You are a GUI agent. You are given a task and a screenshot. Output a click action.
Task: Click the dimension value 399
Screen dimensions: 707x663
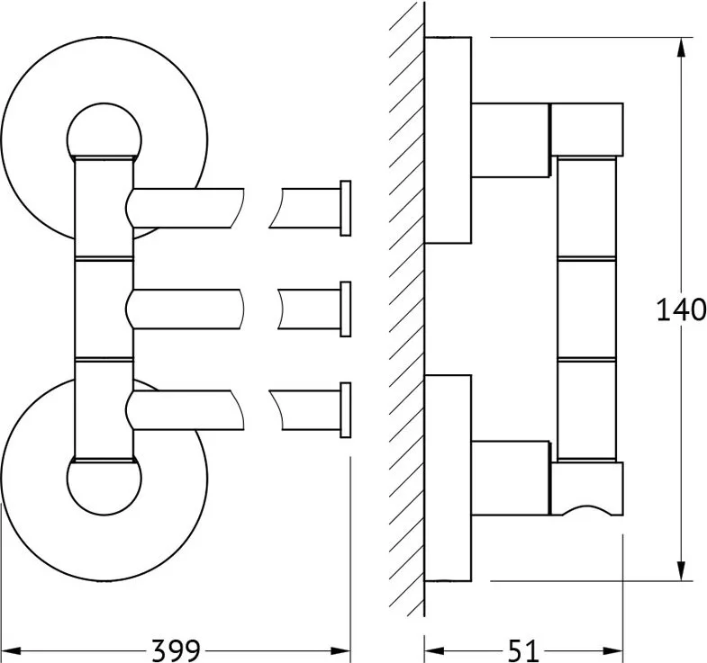point(176,650)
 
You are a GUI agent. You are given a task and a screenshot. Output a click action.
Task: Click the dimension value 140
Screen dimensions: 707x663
point(681,309)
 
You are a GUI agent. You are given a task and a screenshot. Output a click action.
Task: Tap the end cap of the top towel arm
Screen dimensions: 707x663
point(345,208)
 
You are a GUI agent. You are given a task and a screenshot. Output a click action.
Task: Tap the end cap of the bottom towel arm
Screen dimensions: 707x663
point(345,410)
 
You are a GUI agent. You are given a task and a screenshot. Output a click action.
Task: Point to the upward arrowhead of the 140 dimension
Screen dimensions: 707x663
point(681,47)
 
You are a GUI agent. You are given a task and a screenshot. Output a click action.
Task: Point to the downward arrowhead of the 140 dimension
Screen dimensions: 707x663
point(681,571)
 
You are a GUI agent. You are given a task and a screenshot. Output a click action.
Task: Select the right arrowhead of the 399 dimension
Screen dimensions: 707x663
point(340,650)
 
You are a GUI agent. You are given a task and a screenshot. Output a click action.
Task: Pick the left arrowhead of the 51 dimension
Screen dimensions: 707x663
point(434,650)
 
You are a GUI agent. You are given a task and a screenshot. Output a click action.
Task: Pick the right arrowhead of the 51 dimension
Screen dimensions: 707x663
point(613,650)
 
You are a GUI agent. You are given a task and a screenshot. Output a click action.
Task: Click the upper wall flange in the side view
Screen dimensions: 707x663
point(448,140)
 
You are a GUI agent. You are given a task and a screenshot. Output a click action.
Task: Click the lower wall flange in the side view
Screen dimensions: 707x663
point(448,478)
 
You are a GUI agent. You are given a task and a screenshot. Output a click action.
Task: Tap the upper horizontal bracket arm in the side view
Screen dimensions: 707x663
point(511,139)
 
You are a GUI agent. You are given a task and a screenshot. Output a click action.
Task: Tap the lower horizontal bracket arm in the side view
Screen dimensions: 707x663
point(511,478)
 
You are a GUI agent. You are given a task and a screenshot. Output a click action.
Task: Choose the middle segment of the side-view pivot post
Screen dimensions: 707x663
point(586,309)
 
